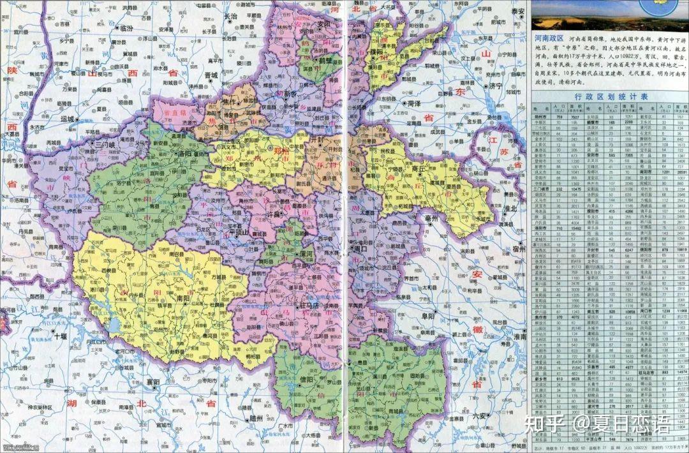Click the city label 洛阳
tap(187, 154)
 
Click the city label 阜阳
tap(426, 315)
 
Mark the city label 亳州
tap(431, 218)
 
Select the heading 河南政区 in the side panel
tap(552, 40)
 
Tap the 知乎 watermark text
tap(548, 440)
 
